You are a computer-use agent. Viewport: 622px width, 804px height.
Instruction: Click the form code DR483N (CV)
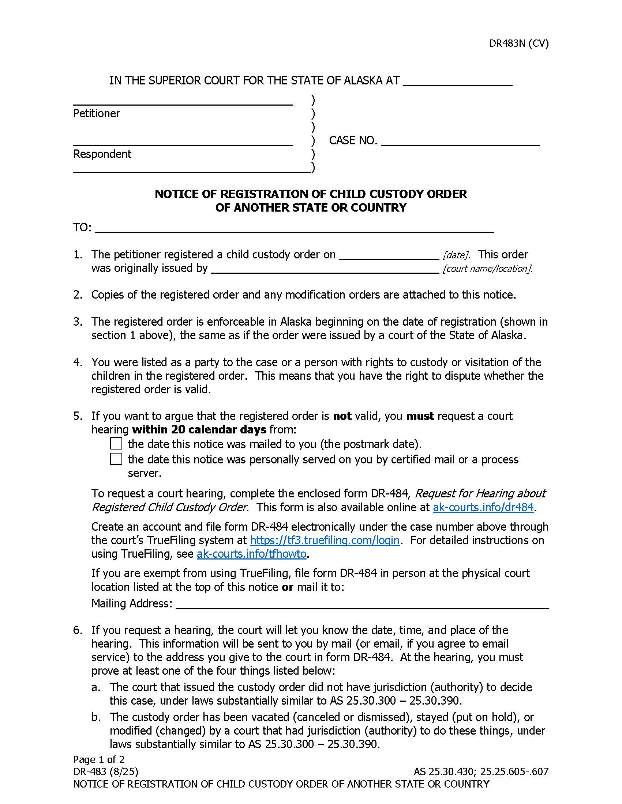[x=518, y=43]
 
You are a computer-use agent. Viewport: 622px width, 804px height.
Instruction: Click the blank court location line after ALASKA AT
[x=457, y=81]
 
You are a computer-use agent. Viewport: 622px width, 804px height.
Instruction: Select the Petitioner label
[x=96, y=113]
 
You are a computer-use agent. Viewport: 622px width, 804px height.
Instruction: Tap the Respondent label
[x=102, y=154]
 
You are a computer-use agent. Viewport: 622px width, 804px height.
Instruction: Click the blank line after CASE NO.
[x=460, y=141]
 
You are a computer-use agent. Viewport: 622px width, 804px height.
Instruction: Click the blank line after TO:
[x=294, y=228]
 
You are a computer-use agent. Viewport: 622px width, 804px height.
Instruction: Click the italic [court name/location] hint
[x=487, y=269]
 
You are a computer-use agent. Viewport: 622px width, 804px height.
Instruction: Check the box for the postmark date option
[x=116, y=443]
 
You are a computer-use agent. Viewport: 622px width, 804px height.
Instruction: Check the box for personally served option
[x=116, y=459]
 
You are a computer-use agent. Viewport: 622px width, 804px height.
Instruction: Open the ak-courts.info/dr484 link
[x=483, y=507]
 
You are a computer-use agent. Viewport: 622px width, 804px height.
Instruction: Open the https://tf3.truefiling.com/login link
[x=324, y=540]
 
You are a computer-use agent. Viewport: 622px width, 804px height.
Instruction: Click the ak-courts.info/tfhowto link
[x=251, y=554]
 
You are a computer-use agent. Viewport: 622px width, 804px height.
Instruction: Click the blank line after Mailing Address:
[x=362, y=603]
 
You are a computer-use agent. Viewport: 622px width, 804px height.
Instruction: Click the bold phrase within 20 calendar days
[x=199, y=429]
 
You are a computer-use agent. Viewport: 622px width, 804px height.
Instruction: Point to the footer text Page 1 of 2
[x=99, y=759]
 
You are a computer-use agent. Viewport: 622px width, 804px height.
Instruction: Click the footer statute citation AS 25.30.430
[x=445, y=771]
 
